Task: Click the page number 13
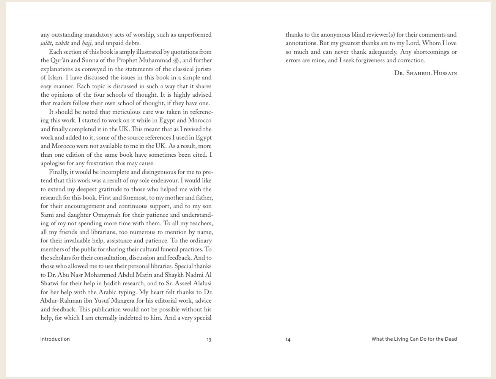point(209,339)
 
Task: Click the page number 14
point(288,339)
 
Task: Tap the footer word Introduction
point(55,339)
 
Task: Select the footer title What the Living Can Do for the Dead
point(414,339)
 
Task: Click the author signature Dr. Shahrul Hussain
point(425,73)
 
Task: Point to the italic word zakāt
point(62,43)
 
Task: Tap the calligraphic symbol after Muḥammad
point(176,61)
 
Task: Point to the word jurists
point(203,69)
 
